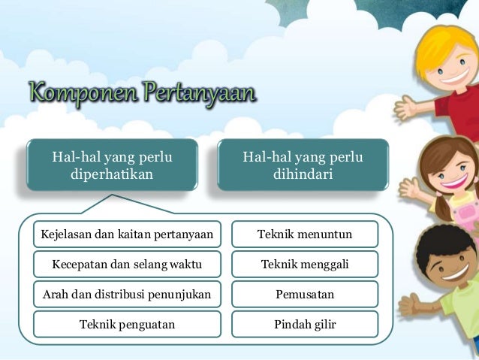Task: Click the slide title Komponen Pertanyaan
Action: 143,94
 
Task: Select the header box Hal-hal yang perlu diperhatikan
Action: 112,165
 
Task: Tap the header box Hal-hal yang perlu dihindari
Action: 303,165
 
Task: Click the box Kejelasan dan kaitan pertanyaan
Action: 127,234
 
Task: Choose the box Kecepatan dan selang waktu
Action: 127,265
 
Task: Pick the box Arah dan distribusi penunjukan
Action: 127,294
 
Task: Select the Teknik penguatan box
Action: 127,324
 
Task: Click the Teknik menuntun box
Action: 304,234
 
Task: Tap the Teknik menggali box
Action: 304,265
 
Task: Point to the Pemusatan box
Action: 304,294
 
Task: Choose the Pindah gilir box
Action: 304,324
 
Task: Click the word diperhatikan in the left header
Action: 112,174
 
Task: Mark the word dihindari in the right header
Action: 303,174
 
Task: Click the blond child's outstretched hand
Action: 406,107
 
